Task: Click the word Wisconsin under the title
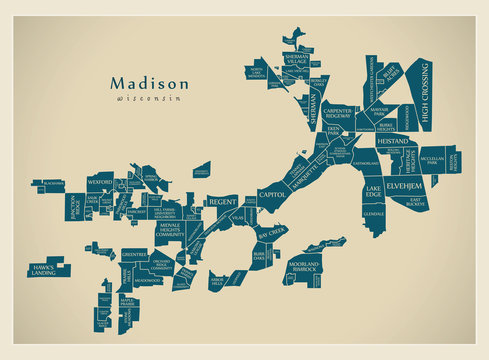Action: coord(148,100)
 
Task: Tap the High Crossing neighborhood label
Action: coord(425,96)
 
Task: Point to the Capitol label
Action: coord(271,193)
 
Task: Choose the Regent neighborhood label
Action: coord(222,202)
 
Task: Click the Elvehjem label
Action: coord(405,187)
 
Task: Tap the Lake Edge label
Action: coord(373,190)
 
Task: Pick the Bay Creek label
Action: coord(272,231)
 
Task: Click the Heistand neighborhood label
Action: coord(393,143)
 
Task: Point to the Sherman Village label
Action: coord(296,61)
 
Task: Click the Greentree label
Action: coord(134,254)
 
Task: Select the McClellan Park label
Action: coord(432,160)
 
